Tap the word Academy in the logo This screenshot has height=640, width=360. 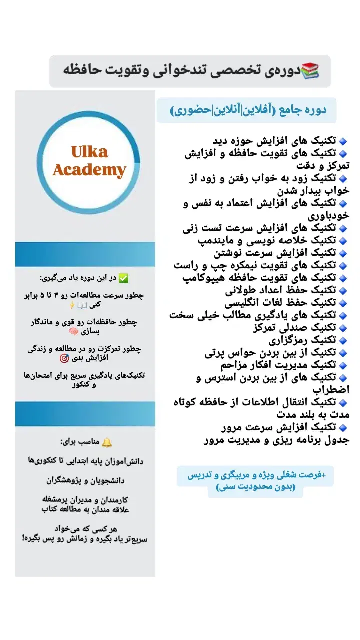click(x=89, y=170)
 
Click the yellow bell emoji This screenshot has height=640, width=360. click(x=107, y=442)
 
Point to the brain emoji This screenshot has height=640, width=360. click(x=73, y=331)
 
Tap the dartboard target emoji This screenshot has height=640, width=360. click(x=64, y=358)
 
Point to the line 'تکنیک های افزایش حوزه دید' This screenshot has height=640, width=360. click(x=275, y=140)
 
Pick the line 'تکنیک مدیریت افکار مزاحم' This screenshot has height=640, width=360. click(x=277, y=365)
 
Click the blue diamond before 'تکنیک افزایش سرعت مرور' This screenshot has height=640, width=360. click(x=343, y=428)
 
